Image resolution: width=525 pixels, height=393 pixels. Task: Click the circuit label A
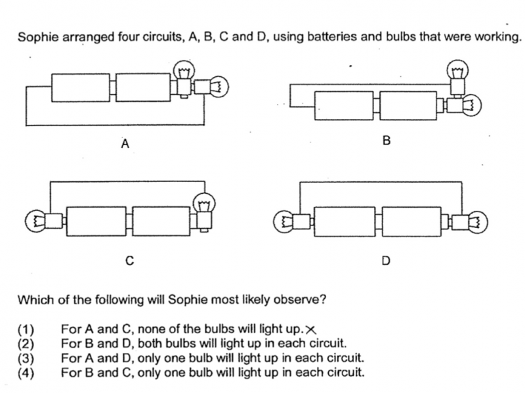[x=125, y=143]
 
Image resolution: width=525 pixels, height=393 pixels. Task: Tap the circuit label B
[x=387, y=141]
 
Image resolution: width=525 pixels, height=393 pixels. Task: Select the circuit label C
[x=129, y=260]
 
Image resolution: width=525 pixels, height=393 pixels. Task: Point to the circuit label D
[x=386, y=260]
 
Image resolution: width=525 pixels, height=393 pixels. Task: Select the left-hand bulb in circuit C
[x=43, y=221]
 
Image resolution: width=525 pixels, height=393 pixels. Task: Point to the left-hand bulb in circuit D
[x=292, y=222]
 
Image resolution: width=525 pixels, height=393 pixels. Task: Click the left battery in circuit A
[x=81, y=87]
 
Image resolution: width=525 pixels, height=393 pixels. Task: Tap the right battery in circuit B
[x=408, y=106]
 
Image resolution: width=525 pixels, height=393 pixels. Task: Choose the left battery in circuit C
[x=96, y=221]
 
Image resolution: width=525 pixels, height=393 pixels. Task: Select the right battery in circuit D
[x=411, y=222]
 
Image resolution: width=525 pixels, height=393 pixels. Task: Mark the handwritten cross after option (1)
[x=310, y=331]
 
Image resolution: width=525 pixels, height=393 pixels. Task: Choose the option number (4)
[x=26, y=373]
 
